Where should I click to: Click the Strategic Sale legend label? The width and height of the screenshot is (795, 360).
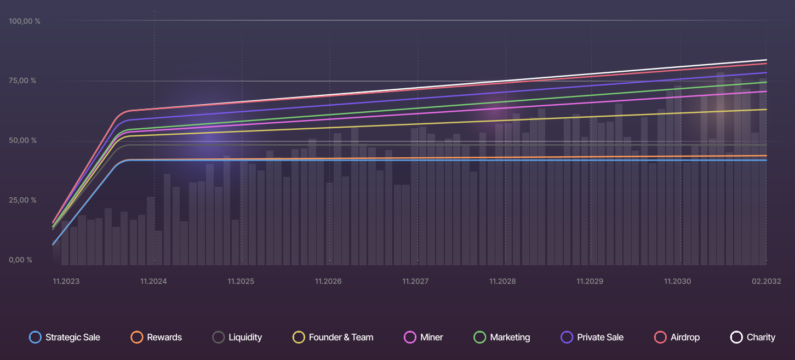(x=73, y=338)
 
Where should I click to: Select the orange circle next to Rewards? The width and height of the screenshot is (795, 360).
(x=137, y=338)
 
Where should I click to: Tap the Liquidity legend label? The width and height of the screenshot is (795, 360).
(x=245, y=338)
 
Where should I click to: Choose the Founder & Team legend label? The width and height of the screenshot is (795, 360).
(x=341, y=338)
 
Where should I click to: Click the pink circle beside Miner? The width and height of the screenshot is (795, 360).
(x=409, y=338)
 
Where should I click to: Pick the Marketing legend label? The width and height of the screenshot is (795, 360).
(x=510, y=338)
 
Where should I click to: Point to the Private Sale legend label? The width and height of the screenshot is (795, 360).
(x=600, y=338)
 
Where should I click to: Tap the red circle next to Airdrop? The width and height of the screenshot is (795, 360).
(x=661, y=338)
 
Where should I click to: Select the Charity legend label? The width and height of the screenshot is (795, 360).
(x=761, y=338)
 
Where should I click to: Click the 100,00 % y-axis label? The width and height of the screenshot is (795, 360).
(x=25, y=21)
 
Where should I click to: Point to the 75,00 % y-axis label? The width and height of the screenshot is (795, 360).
(x=22, y=81)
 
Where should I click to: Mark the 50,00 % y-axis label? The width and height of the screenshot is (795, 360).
(x=22, y=141)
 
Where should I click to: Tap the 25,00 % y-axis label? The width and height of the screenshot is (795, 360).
(x=22, y=201)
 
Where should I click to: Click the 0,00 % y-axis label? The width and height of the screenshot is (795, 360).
(x=20, y=260)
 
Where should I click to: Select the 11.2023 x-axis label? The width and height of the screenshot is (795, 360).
(x=66, y=282)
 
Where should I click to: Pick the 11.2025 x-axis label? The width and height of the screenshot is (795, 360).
(x=241, y=282)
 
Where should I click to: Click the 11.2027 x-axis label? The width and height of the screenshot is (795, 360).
(x=415, y=282)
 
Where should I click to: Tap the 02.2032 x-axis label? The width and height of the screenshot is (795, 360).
(x=765, y=282)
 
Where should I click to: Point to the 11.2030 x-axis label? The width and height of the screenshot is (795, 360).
(x=677, y=282)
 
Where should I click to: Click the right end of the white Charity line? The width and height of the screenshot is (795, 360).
(x=766, y=60)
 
